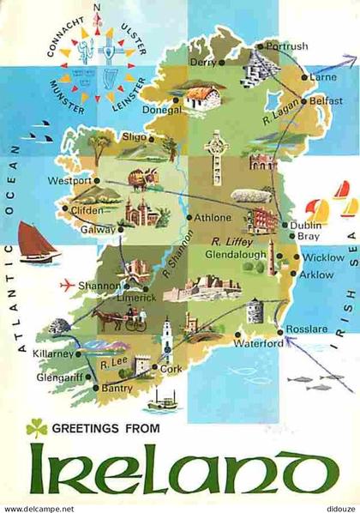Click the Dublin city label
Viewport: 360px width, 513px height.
(x=305, y=225)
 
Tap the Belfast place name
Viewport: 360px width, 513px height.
(x=327, y=100)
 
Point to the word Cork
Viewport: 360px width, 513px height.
(x=172, y=369)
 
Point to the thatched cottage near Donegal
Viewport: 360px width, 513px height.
(x=204, y=98)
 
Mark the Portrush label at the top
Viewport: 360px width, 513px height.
(x=286, y=45)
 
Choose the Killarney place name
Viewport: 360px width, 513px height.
(x=54, y=353)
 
